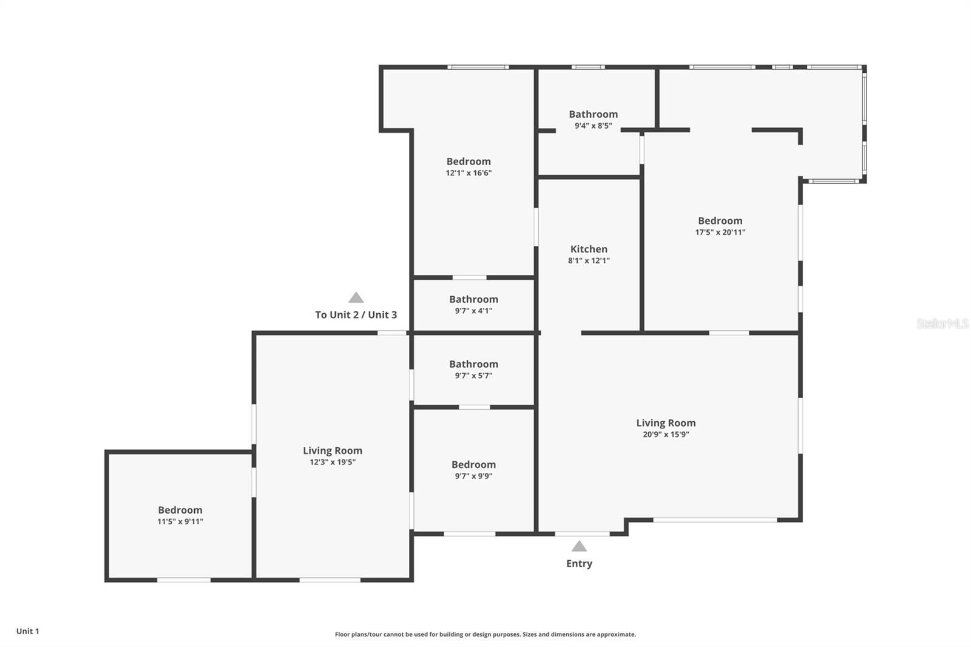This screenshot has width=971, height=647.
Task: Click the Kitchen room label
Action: pos(589,249)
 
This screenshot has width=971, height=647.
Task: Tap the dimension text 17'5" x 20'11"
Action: pos(720,232)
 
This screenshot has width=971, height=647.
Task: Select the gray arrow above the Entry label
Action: pos(579,546)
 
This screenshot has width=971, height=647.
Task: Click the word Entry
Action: pos(579,563)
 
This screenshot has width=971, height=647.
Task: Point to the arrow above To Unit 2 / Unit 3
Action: pos(356,297)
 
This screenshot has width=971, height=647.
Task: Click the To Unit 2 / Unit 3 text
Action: pos(356,314)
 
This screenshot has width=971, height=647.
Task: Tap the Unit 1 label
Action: pos(28,631)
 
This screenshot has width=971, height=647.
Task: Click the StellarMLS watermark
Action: pos(942,323)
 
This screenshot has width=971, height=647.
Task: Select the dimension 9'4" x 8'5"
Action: pos(593,126)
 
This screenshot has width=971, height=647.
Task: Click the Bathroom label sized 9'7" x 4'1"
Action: pos(473,299)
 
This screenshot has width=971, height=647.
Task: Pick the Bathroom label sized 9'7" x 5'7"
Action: pos(473,364)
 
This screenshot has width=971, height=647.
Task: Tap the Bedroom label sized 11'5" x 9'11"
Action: pos(180,510)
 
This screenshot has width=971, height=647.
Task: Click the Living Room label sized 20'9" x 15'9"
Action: pos(666,423)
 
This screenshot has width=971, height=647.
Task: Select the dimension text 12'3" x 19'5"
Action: pos(333,462)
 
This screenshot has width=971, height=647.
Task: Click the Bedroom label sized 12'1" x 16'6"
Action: pos(469,161)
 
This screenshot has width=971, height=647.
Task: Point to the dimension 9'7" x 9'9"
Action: pos(473,476)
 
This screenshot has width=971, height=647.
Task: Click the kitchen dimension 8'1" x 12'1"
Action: pos(589,260)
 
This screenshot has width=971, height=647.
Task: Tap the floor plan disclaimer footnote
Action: pos(486,634)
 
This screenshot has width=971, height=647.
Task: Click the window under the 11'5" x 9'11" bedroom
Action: pos(184,580)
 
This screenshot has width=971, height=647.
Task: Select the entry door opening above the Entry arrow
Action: pos(582,534)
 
